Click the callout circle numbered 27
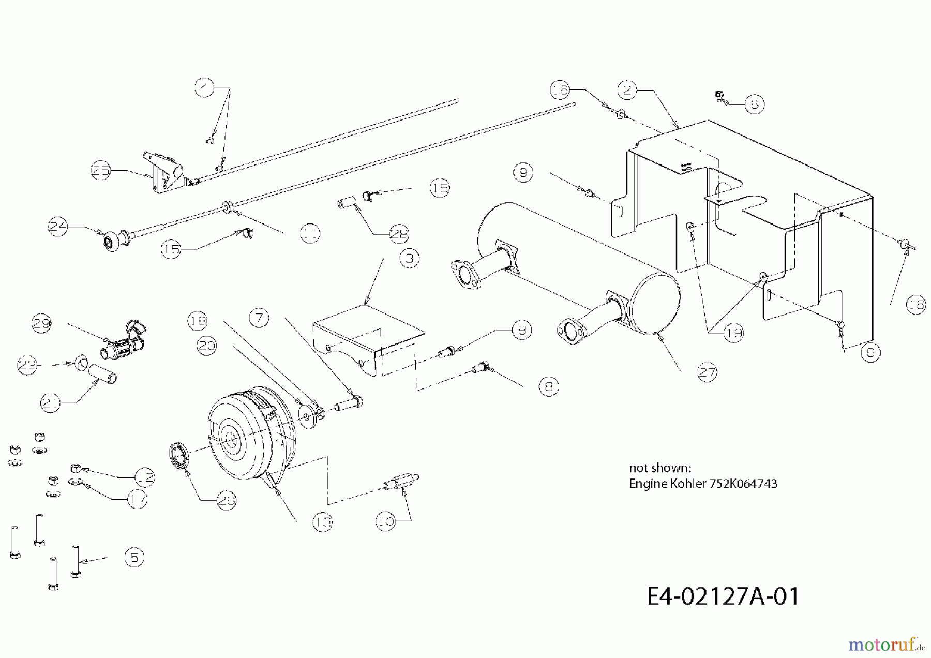coord(707,372)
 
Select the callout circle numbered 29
coord(41,324)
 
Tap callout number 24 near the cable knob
coord(58,227)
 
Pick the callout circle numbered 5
coord(134,557)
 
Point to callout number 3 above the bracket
coord(409,258)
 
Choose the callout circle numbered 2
coord(627,91)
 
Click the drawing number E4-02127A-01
coord(723,596)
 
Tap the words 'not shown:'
coord(659,468)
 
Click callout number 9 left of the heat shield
coord(523,172)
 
